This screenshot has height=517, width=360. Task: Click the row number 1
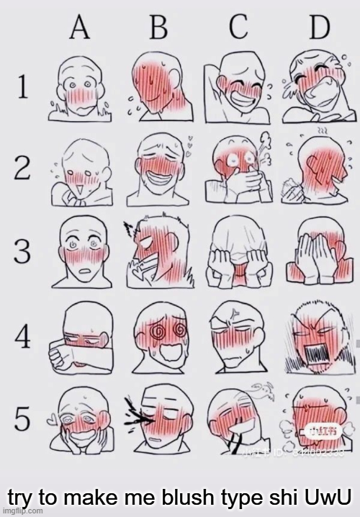click(x=22, y=89)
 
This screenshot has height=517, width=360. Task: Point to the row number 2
click(x=22, y=171)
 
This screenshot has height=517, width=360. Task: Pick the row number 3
click(x=22, y=253)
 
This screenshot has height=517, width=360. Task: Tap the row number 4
click(x=22, y=335)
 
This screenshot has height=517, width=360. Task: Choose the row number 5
click(x=22, y=418)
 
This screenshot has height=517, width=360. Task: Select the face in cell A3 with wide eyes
click(x=80, y=248)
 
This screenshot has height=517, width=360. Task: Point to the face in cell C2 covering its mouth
click(x=236, y=171)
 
